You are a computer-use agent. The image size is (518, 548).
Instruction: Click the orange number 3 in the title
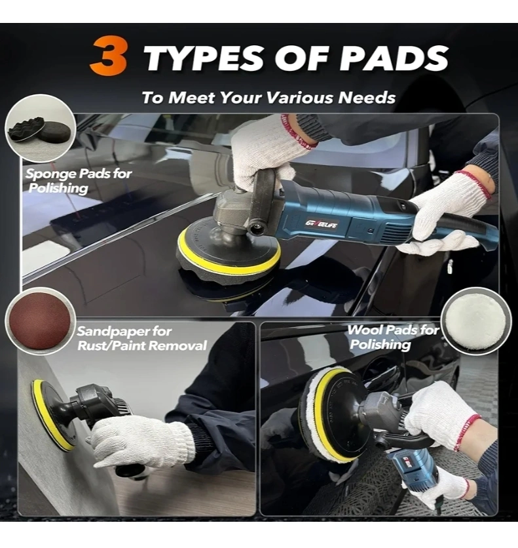tap(108, 56)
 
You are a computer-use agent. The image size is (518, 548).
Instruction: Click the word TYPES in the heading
tap(203, 58)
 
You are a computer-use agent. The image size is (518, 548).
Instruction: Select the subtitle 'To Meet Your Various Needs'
tap(268, 97)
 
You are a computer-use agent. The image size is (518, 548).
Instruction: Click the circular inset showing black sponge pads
tap(41, 128)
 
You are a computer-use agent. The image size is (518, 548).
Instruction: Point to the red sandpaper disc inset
tap(40, 322)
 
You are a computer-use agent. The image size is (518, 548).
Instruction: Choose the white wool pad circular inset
tap(476, 321)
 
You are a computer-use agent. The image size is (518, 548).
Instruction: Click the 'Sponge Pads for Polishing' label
tap(79, 181)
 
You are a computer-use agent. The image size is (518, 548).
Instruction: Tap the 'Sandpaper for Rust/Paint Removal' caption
tap(141, 338)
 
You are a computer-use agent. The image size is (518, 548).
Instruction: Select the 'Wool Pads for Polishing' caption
tap(393, 338)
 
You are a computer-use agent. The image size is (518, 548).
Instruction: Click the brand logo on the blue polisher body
tap(321, 224)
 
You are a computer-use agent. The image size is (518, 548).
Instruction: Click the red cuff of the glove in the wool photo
tap(467, 432)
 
